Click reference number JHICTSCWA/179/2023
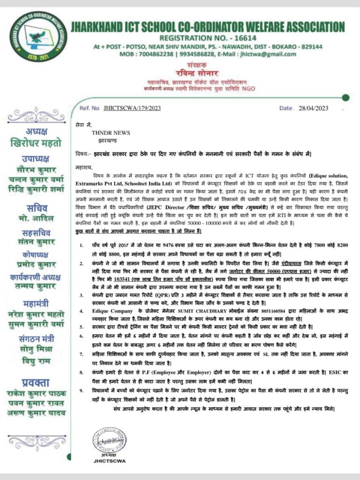pyautogui.click(x=133, y=108)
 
